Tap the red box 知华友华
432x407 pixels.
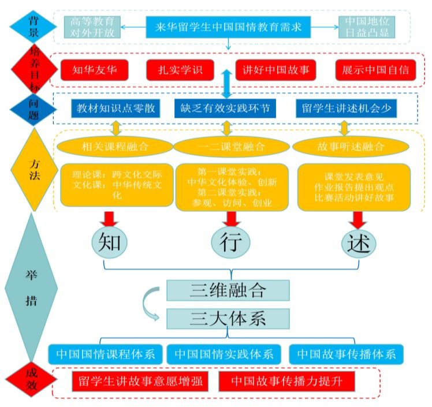pos(95,70)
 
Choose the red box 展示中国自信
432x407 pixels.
pos(375,70)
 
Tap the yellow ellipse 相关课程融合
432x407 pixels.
pos(116,147)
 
